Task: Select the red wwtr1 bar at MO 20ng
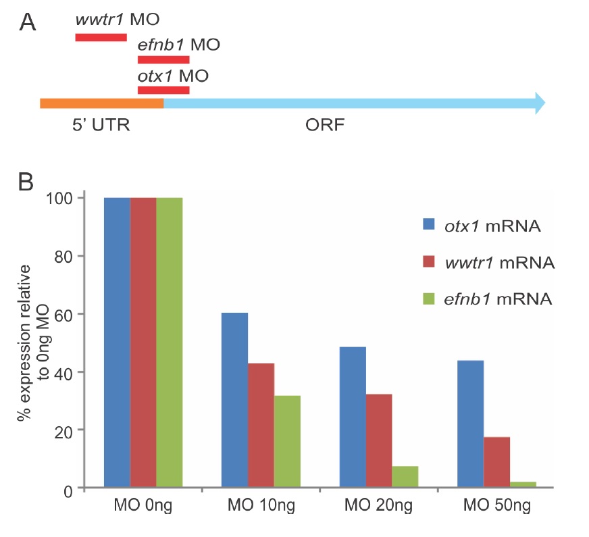coord(378,440)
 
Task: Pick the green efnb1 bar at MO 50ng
coord(523,484)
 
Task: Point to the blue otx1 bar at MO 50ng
coord(470,424)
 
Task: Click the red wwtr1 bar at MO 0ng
coord(143,342)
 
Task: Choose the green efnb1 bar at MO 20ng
coord(405,476)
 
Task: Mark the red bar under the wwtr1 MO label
coord(101,36)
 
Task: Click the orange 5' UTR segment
coord(101,103)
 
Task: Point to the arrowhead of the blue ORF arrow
coord(538,103)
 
